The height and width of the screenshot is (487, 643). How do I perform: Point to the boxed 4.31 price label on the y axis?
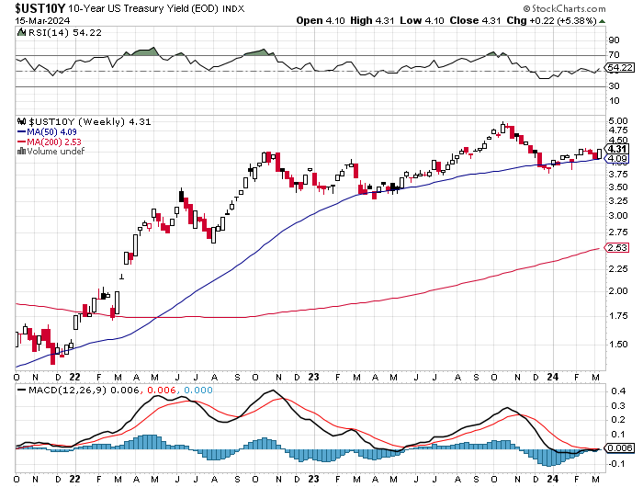point(617,149)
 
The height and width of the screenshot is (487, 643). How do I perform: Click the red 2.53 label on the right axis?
point(616,247)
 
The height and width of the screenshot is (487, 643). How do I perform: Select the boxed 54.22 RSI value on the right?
point(621,68)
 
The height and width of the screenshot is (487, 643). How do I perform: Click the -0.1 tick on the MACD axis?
point(616,464)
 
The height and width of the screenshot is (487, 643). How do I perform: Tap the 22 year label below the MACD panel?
point(75,479)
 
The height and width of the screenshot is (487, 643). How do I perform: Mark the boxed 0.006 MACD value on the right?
point(620,447)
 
